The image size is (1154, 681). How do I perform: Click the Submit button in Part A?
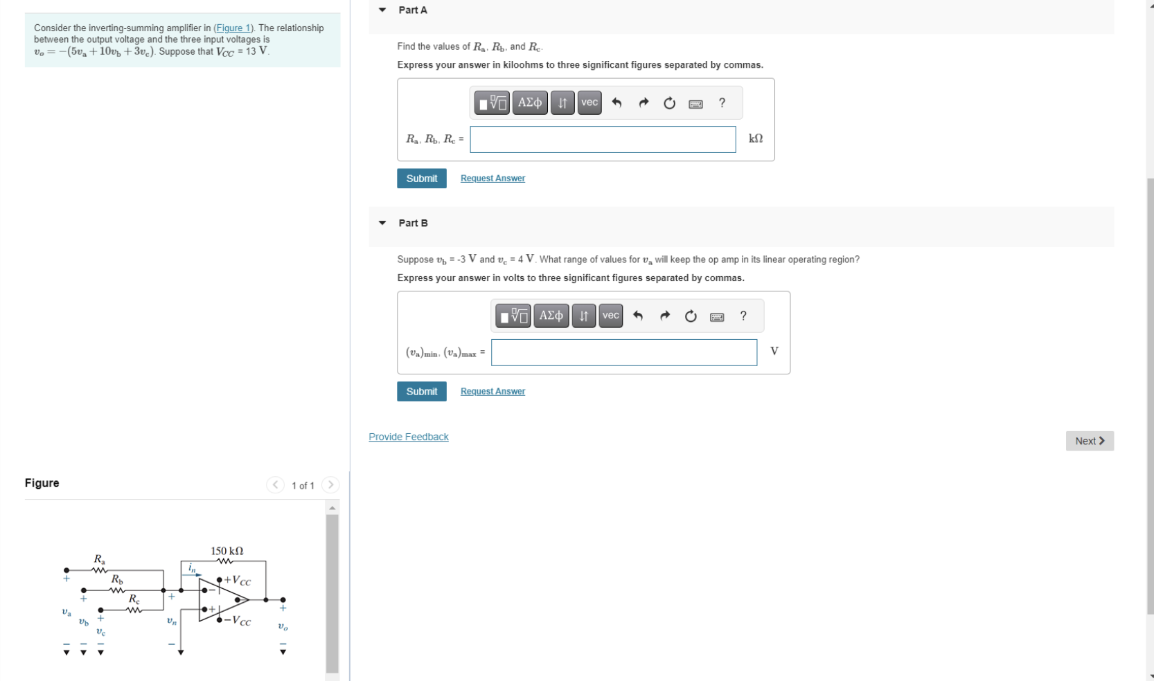[x=421, y=179]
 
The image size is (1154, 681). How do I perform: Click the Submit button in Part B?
[x=421, y=392]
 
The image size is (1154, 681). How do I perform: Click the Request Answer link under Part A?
[x=492, y=179]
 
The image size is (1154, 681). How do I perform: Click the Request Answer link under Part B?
[x=492, y=392]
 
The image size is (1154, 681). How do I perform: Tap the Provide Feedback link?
[x=408, y=437]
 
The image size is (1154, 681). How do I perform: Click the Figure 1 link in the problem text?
[x=233, y=28]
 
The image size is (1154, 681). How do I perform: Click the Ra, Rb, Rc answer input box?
[x=602, y=139]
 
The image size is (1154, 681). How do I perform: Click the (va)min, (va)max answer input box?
[x=623, y=352]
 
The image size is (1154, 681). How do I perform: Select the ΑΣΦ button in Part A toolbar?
[x=530, y=103]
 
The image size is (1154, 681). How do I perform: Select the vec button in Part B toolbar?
[x=610, y=316]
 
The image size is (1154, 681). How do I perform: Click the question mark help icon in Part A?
[x=722, y=103]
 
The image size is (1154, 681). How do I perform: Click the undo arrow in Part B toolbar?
[x=638, y=316]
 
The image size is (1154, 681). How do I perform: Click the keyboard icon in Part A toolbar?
[x=695, y=104]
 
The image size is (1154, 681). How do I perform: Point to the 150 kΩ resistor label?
[x=227, y=551]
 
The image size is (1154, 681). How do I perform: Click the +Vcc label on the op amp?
[x=238, y=581]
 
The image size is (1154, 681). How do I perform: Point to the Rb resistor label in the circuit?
[x=117, y=579]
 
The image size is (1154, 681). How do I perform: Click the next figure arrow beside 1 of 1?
[x=330, y=485]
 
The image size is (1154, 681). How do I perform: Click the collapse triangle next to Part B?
[x=382, y=223]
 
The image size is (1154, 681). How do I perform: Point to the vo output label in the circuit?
[x=283, y=627]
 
